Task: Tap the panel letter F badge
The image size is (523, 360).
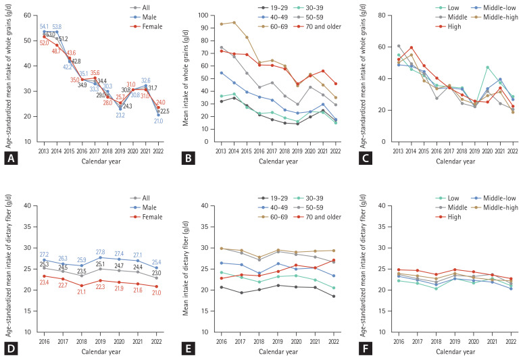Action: (359, 351)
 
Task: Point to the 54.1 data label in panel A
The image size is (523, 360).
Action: (45, 25)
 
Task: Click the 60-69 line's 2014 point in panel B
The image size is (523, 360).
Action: (234, 22)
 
